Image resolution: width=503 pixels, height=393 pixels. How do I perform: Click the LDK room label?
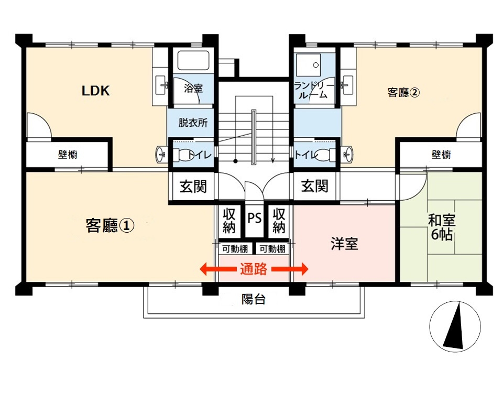coord(95,91)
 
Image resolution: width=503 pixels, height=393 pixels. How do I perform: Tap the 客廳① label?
coord(110,226)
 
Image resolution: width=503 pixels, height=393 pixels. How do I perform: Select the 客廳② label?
coord(403,93)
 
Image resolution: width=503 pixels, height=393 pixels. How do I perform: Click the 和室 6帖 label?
coord(441,227)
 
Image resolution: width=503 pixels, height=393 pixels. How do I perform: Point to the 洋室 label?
coord(344,244)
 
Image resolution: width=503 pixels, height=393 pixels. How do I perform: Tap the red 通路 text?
coord(254,269)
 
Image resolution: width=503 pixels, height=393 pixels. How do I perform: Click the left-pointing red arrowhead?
coord(204,269)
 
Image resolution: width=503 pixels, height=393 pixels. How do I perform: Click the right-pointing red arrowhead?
coord(304,269)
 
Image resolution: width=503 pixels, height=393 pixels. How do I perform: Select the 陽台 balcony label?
coord(254,299)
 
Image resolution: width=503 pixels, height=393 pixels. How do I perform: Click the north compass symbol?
coord(455,325)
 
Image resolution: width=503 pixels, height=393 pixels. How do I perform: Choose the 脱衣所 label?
coord(193,123)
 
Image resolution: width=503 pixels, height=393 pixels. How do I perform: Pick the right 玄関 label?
coord(314,186)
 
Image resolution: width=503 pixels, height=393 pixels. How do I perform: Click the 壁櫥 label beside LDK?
coord(68,155)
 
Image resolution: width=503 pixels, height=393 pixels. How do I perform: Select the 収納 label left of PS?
coord(229,221)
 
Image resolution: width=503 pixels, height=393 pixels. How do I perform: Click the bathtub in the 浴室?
coord(193,61)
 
